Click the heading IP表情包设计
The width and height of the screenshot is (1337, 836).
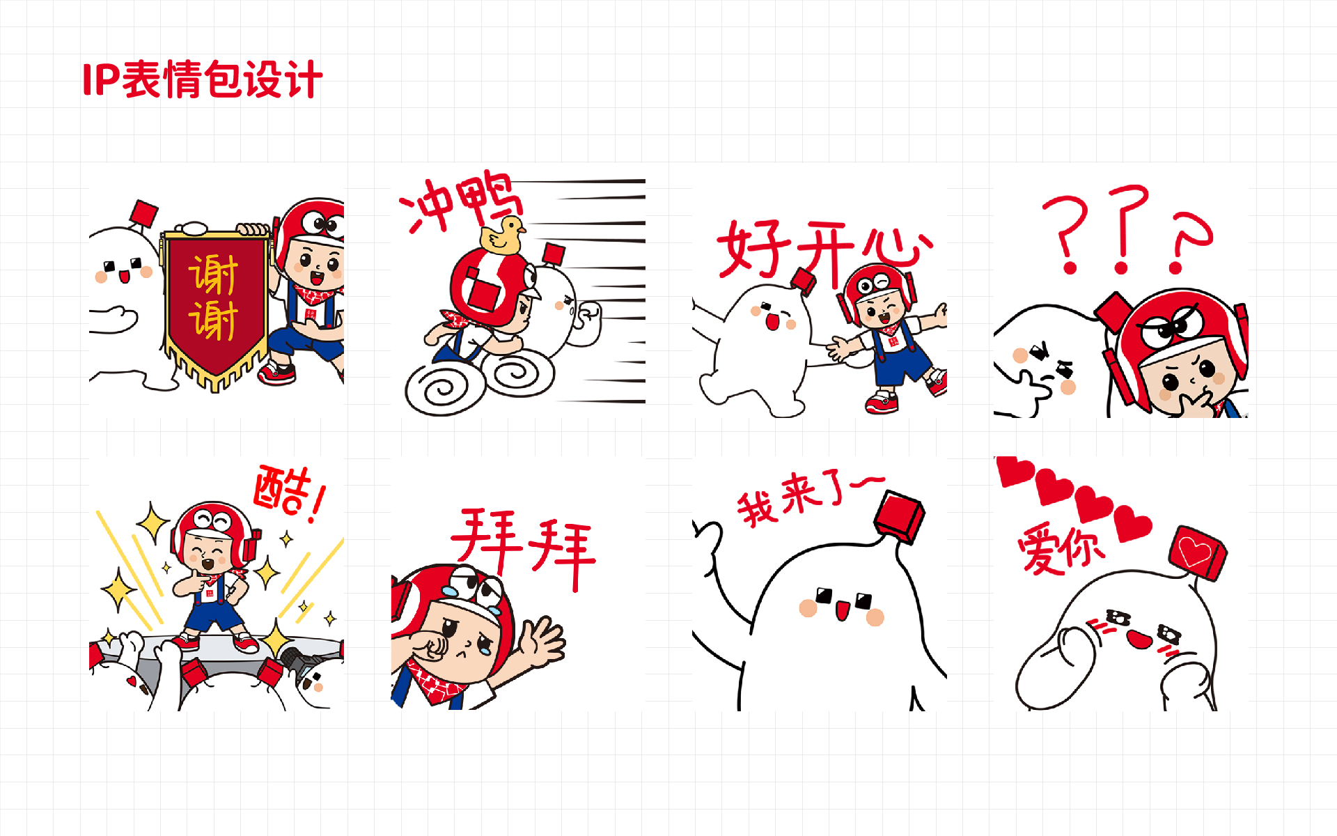pyautogui.click(x=202, y=79)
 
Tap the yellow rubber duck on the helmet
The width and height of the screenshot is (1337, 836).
pyautogui.click(x=502, y=235)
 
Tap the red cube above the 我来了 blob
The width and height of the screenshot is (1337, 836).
pyautogui.click(x=900, y=516)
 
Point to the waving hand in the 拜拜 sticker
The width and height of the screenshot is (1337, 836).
pyautogui.click(x=542, y=642)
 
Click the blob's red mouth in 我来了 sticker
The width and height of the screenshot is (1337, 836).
pyautogui.click(x=842, y=611)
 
